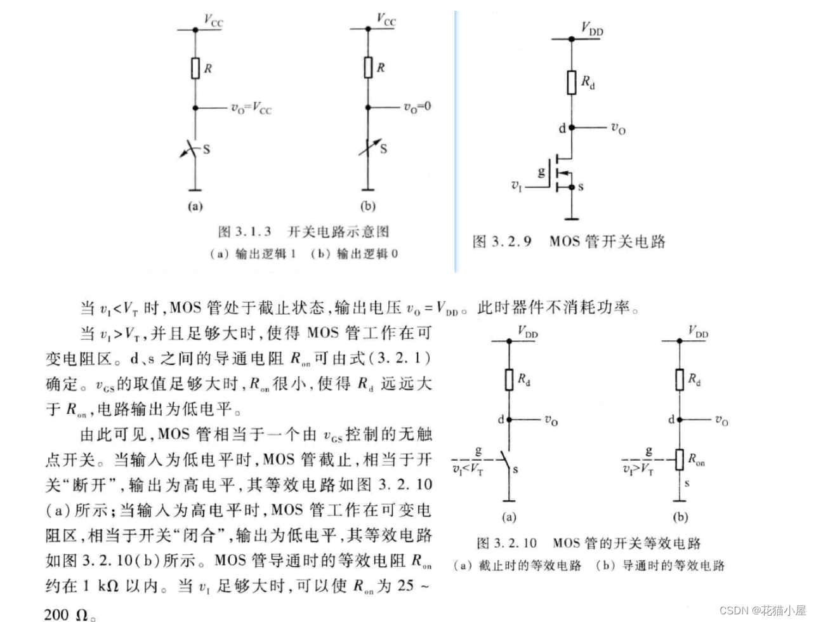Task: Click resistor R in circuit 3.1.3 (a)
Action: tap(196, 68)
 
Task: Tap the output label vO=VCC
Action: tap(251, 109)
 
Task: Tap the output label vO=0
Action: tap(418, 106)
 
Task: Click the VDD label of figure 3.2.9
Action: tap(592, 29)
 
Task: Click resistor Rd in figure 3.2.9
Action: tap(572, 82)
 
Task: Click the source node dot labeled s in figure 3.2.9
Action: tap(572, 187)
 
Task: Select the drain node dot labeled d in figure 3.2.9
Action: tap(572, 128)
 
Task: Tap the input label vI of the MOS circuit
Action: tap(517, 186)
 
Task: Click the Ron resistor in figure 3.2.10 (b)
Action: tap(680, 460)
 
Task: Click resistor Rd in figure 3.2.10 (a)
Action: tap(509, 380)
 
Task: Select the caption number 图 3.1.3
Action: tap(245, 232)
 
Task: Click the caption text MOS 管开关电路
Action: tap(607, 242)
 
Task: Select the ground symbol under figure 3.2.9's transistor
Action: tap(572, 219)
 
